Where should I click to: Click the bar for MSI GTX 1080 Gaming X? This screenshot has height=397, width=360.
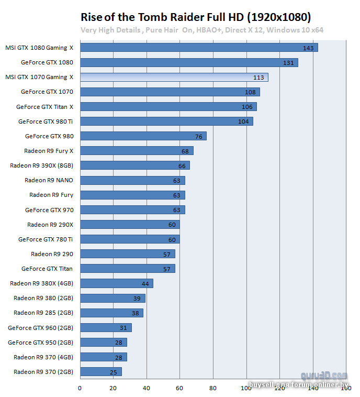pos(199,48)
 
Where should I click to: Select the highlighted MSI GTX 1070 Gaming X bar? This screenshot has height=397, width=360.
pos(174,77)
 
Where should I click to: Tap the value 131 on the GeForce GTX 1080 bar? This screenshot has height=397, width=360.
pos(288,63)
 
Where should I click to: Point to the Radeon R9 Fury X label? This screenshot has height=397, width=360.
pos(49,151)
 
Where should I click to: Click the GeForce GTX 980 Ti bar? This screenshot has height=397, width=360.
pos(166,122)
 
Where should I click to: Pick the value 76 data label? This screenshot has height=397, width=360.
pos(199,137)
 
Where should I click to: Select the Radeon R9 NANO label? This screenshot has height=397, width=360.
pos(49,180)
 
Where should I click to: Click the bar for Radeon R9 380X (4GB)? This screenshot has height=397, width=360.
pos(116,283)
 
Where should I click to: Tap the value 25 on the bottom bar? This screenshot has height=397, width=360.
pos(114,372)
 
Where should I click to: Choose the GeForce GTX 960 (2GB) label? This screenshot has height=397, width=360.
pos(40,328)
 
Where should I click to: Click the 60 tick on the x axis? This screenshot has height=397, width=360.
pos(180,388)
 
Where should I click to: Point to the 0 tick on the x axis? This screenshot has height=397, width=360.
pos(80,388)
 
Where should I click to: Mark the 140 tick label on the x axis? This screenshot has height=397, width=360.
pos(313,388)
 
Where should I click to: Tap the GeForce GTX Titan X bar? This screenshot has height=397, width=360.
pos(168,107)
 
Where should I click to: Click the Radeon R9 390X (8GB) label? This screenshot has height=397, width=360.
pos(42,166)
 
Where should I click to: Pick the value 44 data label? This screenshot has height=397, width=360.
pos(145,284)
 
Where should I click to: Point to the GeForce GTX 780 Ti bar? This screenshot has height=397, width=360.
pos(130,239)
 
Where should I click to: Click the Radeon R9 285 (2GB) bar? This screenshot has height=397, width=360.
pos(111,313)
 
